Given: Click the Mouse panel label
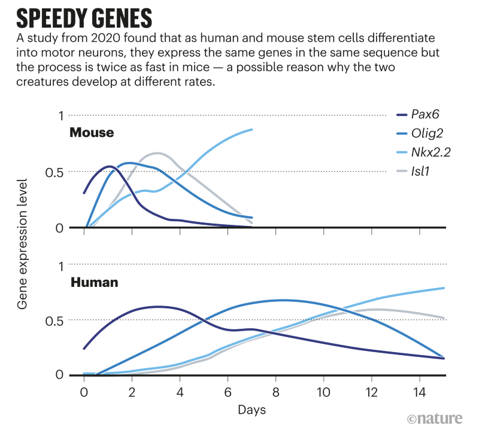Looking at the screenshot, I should pyautogui.click(x=92, y=133).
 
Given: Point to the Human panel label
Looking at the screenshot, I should pyautogui.click(x=95, y=281).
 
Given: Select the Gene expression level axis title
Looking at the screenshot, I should pyautogui.click(x=23, y=244).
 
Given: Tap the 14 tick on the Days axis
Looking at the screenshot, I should pyautogui.click(x=419, y=391).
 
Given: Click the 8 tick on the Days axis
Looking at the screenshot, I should pyautogui.click(x=275, y=391).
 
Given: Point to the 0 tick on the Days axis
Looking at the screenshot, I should pyautogui.click(x=84, y=391).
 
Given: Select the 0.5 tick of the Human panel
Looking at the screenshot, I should pyautogui.click(x=54, y=320).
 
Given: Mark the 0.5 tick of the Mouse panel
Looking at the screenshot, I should pyautogui.click(x=54, y=172).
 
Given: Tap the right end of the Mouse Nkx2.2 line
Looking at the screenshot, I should pyautogui.click(x=252, y=129).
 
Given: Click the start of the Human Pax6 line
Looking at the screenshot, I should pyautogui.click(x=84, y=348).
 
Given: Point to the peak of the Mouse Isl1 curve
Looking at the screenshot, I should pyautogui.click(x=157, y=153).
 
